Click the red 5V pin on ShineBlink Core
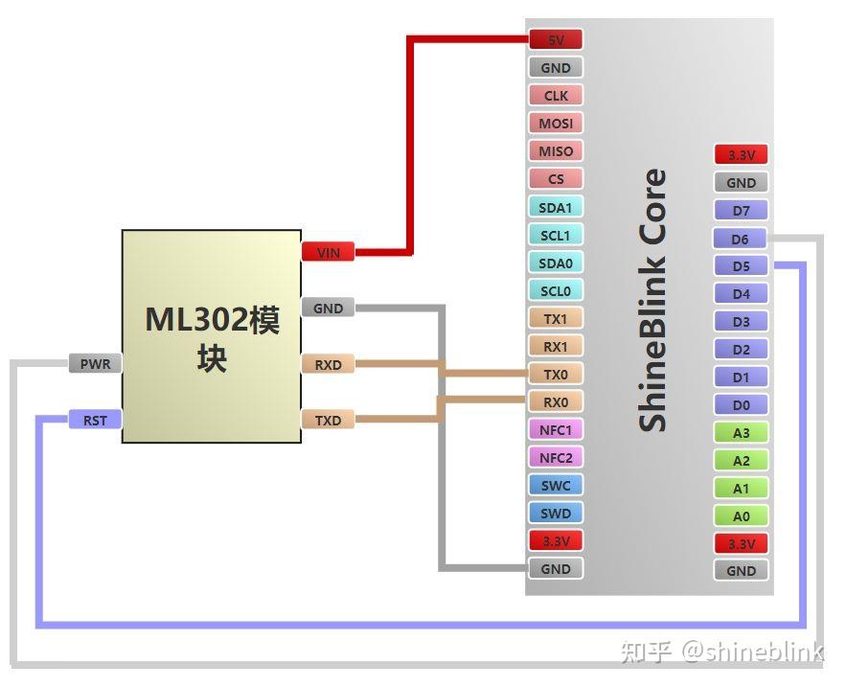[556, 40]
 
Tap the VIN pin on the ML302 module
[328, 252]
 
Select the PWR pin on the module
[95, 364]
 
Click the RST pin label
[95, 420]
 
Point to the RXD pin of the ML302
[328, 364]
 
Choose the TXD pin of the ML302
[328, 420]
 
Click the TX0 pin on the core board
[556, 375]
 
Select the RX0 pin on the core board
[556, 402]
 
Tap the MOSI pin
[556, 124]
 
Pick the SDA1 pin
[556, 207]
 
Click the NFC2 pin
[556, 458]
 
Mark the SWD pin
[556, 514]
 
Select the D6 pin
[741, 239]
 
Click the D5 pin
[741, 266]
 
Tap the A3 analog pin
[741, 433]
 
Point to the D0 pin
[741, 405]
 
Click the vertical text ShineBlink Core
[652, 300]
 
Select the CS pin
[556, 179]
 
